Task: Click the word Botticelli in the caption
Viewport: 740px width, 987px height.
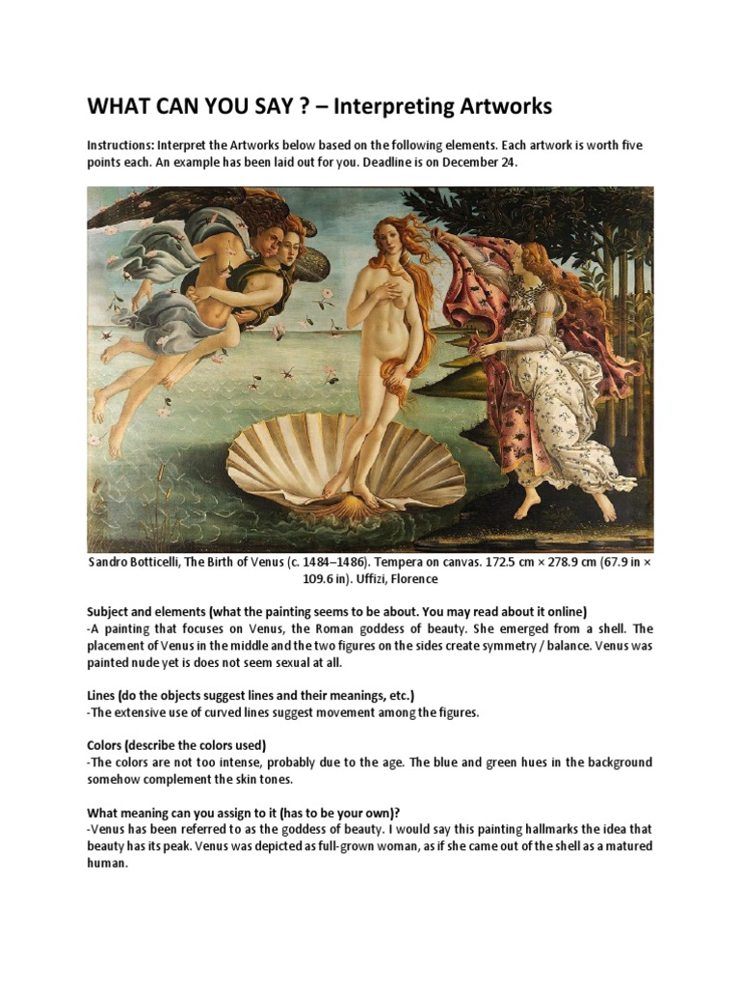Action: tap(175, 562)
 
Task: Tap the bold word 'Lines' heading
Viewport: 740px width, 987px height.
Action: tap(104, 695)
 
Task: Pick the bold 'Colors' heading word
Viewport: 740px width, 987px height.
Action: tap(109, 745)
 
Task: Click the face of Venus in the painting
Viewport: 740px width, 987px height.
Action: tap(388, 236)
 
